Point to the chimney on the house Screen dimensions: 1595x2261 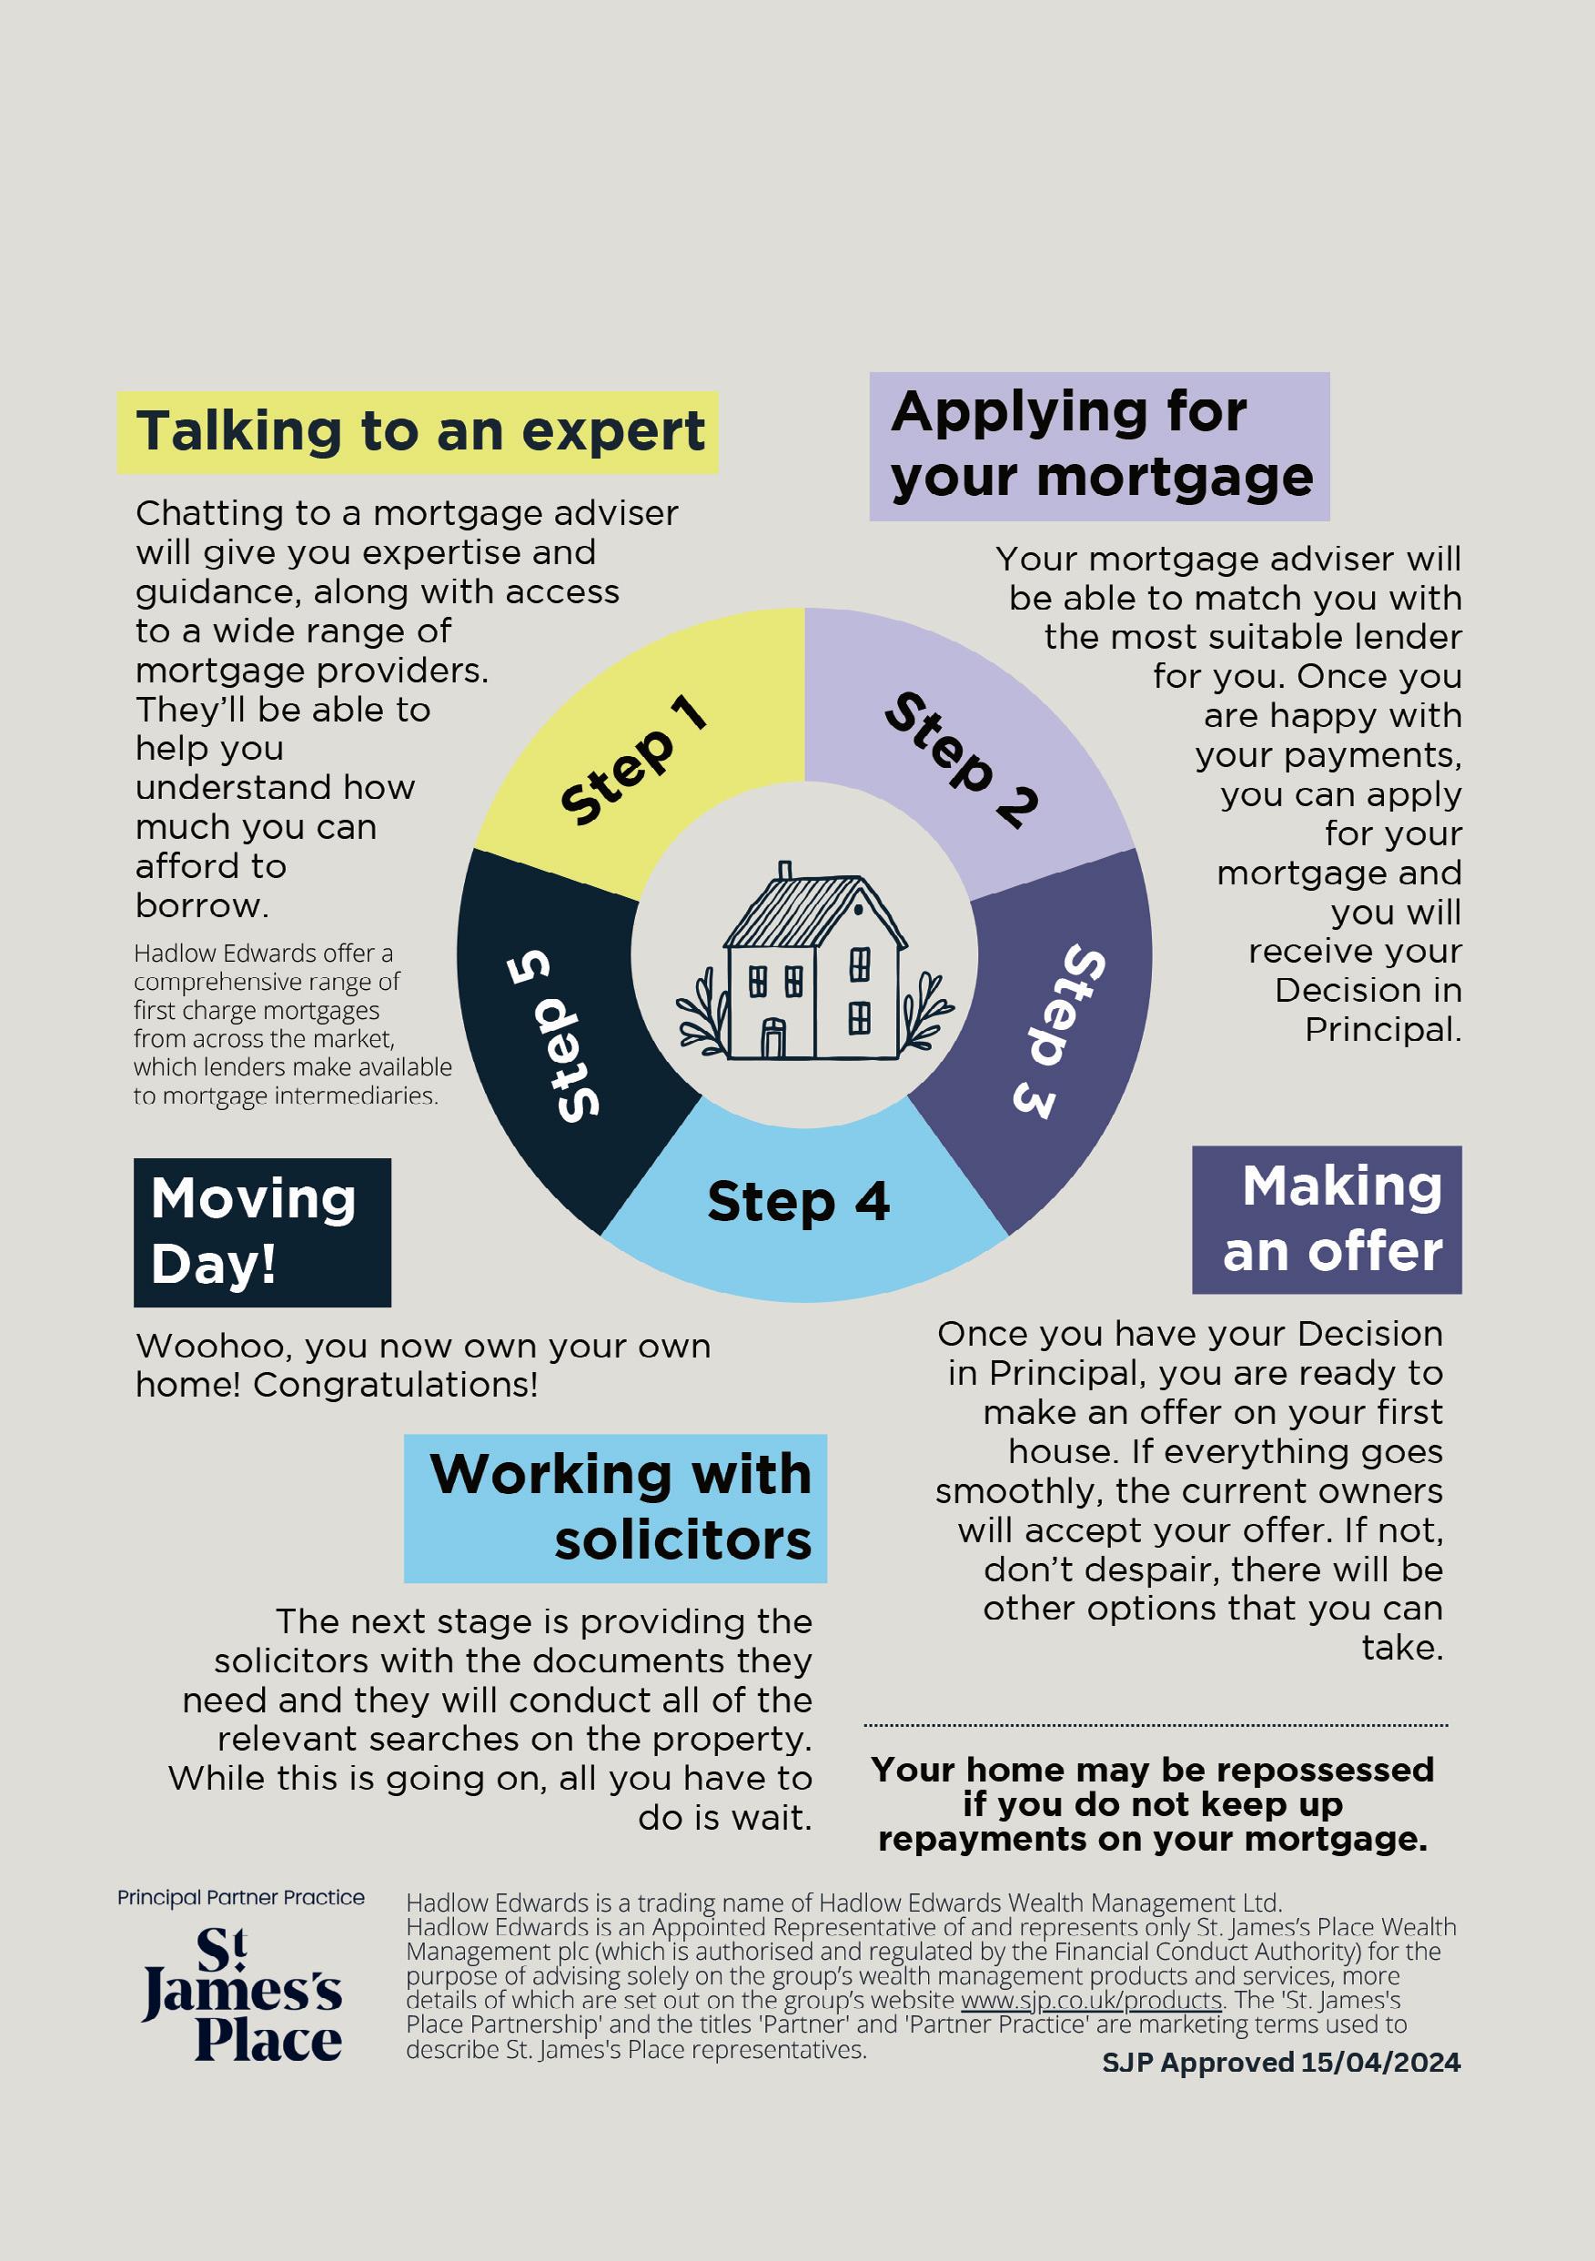point(784,872)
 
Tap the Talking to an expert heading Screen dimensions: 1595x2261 point(419,432)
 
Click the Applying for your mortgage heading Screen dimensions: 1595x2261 point(1099,445)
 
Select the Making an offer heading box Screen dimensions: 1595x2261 point(1327,1219)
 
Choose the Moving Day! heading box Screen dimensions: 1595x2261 point(262,1232)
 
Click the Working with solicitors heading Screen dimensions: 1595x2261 point(615,1508)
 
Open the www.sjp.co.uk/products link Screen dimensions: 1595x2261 point(1090,2000)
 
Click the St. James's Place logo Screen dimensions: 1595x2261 point(242,1994)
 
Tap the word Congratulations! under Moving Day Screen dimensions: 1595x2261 point(396,1386)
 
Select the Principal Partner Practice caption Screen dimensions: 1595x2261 point(240,1898)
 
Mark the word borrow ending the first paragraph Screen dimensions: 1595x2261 point(200,906)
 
